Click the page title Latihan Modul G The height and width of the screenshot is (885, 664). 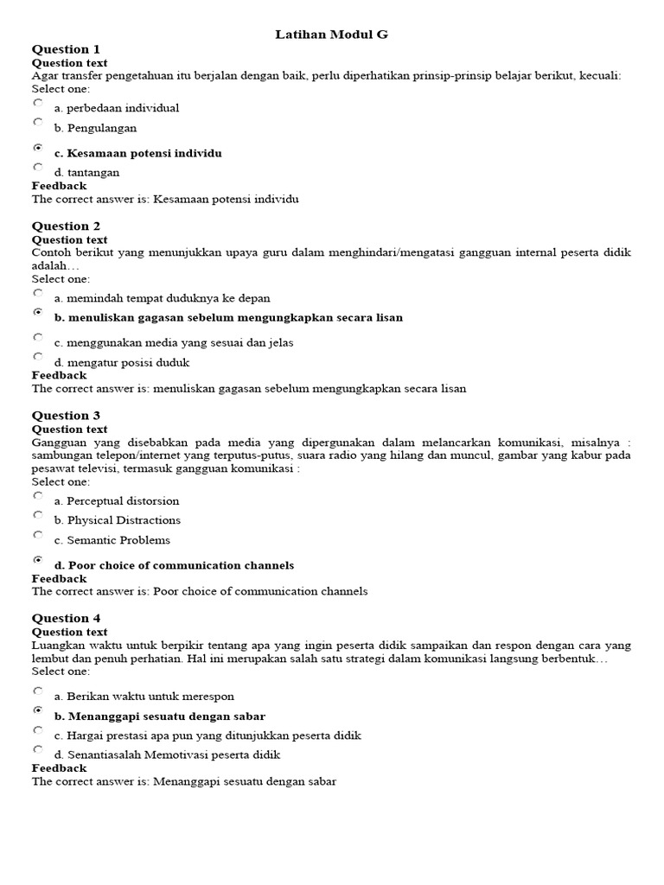click(x=332, y=34)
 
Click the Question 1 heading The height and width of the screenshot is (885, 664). click(x=66, y=49)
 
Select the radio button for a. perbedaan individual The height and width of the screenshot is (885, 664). click(x=38, y=103)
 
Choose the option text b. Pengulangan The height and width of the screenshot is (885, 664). click(x=95, y=128)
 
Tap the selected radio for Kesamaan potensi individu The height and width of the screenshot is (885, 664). click(x=38, y=148)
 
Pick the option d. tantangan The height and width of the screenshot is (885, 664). click(x=86, y=172)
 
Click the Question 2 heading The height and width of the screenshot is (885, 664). click(x=66, y=226)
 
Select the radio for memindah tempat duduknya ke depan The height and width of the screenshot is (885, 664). click(x=38, y=293)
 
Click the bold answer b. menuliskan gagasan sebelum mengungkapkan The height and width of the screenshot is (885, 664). click(x=228, y=317)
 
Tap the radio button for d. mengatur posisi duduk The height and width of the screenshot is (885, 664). click(x=38, y=356)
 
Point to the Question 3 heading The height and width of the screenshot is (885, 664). click(x=66, y=416)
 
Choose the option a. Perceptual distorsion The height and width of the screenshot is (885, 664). click(x=117, y=500)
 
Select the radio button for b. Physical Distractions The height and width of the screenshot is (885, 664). click(x=38, y=515)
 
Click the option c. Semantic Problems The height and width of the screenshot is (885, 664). click(x=112, y=540)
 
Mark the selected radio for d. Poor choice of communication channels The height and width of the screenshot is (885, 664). click(x=38, y=560)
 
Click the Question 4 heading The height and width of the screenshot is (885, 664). click(x=66, y=619)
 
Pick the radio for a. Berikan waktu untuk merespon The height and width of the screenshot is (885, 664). click(x=38, y=691)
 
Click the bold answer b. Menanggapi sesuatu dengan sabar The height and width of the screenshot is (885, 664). click(x=159, y=716)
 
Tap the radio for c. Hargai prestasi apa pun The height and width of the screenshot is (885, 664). click(x=38, y=730)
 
